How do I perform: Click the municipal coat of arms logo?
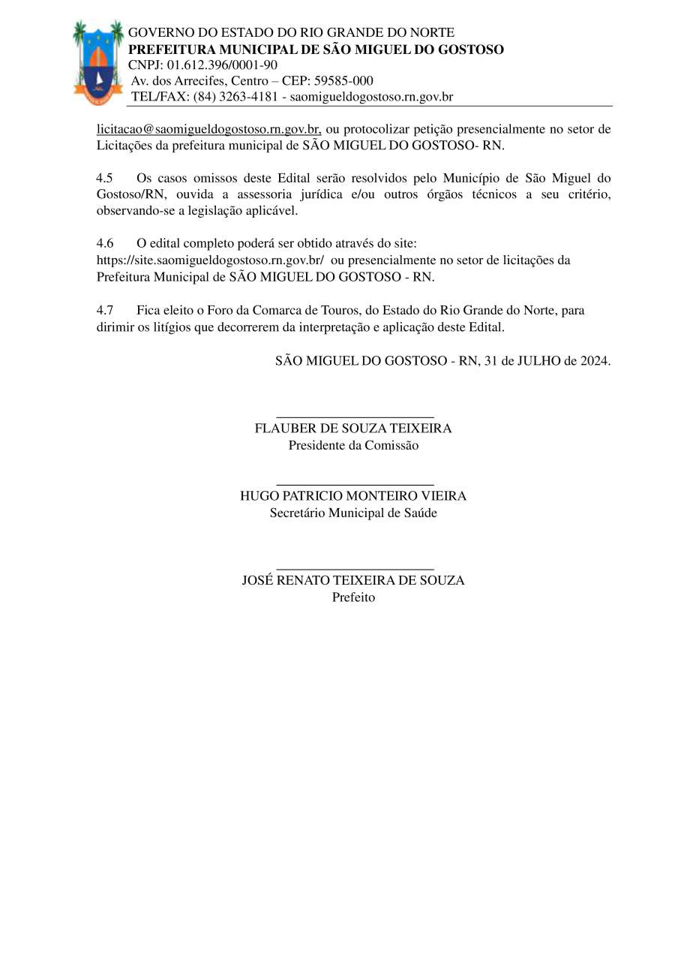98,62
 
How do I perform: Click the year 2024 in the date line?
594,360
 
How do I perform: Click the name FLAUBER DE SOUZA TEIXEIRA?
353,429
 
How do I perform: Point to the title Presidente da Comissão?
353,445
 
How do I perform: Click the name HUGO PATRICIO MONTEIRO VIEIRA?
353,496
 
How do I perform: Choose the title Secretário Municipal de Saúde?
353,513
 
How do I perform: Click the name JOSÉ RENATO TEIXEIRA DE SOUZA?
353,580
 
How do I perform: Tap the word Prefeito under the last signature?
353,597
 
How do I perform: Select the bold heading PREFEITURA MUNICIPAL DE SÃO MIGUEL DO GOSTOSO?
316,49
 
